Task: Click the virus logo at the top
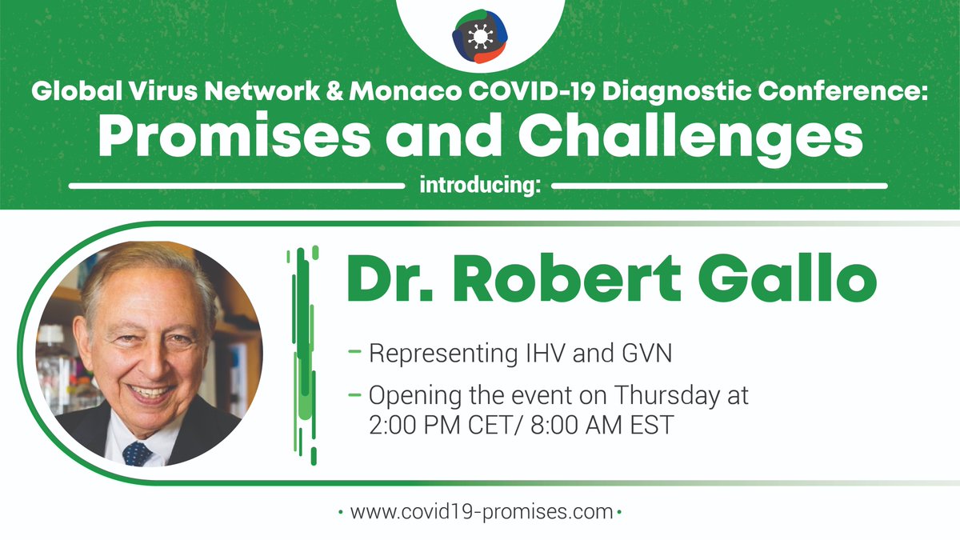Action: pos(479,36)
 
